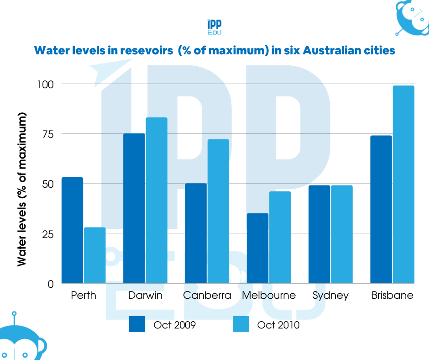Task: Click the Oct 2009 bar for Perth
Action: pos(72,231)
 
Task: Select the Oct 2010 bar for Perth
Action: pos(94,256)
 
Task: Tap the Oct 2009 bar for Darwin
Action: pos(134,209)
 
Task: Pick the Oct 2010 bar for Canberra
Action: pos(218,212)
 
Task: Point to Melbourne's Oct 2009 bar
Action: pos(258,249)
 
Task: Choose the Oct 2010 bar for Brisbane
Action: pos(403,185)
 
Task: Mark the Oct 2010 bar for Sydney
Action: pos(342,234)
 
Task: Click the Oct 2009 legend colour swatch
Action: pos(137,324)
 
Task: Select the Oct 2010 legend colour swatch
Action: pos(241,324)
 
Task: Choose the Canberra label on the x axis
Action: pos(207,296)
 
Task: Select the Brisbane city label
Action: pos(392,296)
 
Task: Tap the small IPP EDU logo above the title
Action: pos(214,27)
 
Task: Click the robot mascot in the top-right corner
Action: pos(411,18)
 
